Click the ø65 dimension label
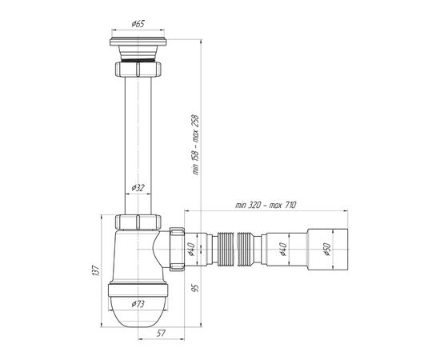[x=138, y=23]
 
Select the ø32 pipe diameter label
[x=138, y=187]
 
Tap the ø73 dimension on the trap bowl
[x=138, y=304]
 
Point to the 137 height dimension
[x=96, y=270]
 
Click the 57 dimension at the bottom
[x=161, y=333]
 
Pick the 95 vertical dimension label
[x=196, y=288]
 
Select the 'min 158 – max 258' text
[x=196, y=145]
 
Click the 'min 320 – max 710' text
[x=266, y=205]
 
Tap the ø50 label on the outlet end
[x=327, y=250]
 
